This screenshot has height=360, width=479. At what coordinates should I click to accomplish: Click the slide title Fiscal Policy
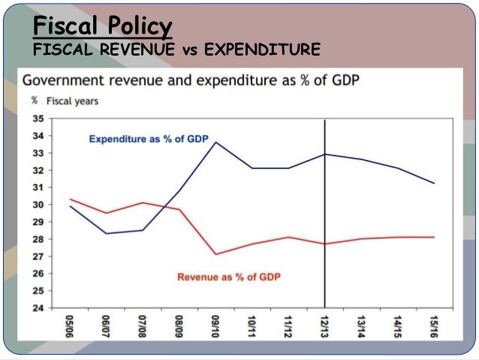103,27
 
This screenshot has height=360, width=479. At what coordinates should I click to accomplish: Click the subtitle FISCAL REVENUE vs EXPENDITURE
177,50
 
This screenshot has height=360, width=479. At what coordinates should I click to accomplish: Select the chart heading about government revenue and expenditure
188,80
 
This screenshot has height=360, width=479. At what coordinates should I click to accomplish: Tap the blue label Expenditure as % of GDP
147,139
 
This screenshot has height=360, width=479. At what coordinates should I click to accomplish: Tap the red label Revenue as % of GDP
229,277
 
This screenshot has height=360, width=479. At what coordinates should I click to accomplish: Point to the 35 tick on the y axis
37,119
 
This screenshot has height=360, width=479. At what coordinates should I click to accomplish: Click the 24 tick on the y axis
37,307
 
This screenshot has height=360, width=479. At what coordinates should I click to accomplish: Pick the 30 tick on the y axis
37,204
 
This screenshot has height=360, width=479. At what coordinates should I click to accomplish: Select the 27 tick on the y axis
37,256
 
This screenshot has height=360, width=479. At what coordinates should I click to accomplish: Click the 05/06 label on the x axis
70,325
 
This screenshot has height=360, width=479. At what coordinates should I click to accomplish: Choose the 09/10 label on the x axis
215,325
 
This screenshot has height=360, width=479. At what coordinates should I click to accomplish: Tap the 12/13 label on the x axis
325,325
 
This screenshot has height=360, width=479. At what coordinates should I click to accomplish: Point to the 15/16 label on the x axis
434,325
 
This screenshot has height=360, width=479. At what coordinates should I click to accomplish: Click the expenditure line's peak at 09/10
216,142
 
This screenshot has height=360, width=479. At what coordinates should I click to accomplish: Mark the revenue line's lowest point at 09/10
216,254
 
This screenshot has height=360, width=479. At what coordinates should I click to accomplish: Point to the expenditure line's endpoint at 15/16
434,183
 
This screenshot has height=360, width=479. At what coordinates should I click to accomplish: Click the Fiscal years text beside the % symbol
72,101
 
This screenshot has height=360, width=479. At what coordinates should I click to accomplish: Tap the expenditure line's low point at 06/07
107,233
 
